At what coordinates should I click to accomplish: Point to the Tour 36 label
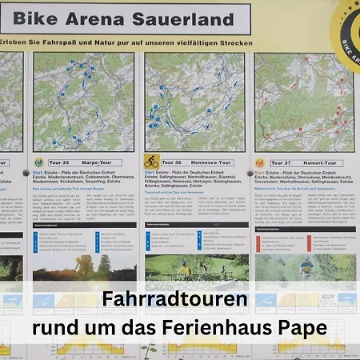point(174,162)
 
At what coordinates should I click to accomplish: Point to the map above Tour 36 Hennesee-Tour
point(194,102)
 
